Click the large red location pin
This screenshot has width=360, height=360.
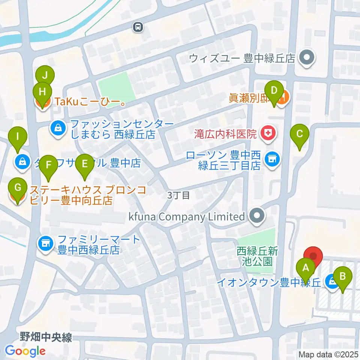coord(313,257)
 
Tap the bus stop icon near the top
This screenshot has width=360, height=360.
coord(138,26)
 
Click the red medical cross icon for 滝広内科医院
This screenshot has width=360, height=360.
coord(268,133)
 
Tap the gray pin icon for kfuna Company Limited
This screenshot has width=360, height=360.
coord(256,216)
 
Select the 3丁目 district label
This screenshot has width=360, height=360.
coord(179,195)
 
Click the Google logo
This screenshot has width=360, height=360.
coord(25,351)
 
